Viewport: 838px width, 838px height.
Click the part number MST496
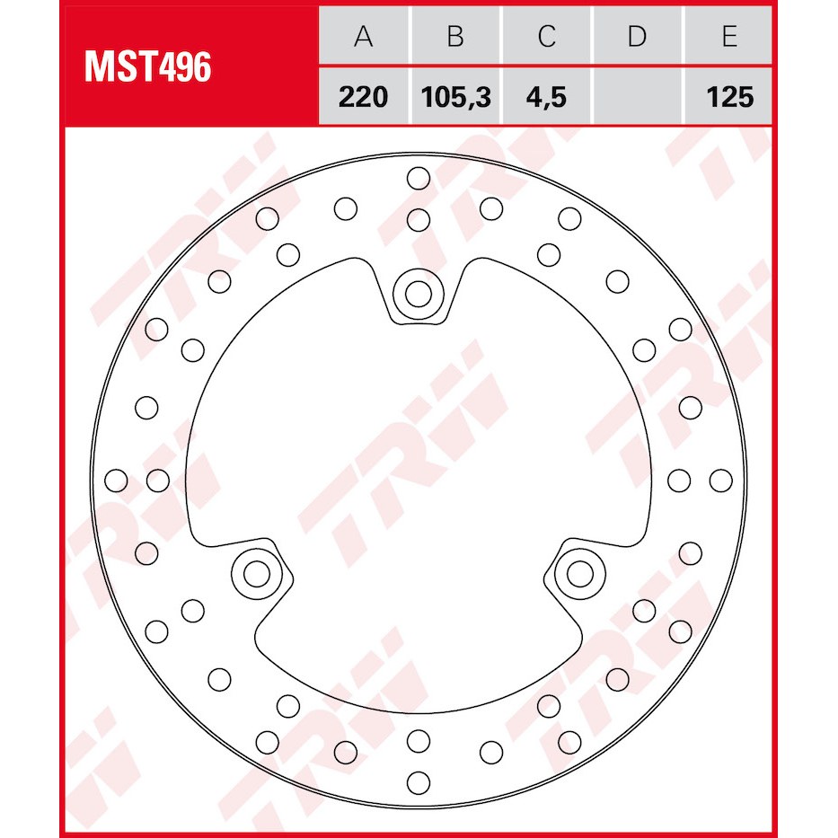[x=148, y=67]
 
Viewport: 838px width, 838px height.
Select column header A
[x=364, y=36]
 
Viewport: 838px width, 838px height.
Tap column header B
[x=455, y=36]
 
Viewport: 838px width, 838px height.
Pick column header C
[x=547, y=36]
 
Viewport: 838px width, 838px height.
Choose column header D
[x=638, y=36]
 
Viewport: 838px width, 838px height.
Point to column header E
[x=729, y=36]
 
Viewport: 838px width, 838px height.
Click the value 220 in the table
[x=364, y=97]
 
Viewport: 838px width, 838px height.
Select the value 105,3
[x=456, y=97]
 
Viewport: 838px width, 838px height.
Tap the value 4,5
[x=546, y=97]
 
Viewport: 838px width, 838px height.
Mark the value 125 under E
[x=730, y=97]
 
